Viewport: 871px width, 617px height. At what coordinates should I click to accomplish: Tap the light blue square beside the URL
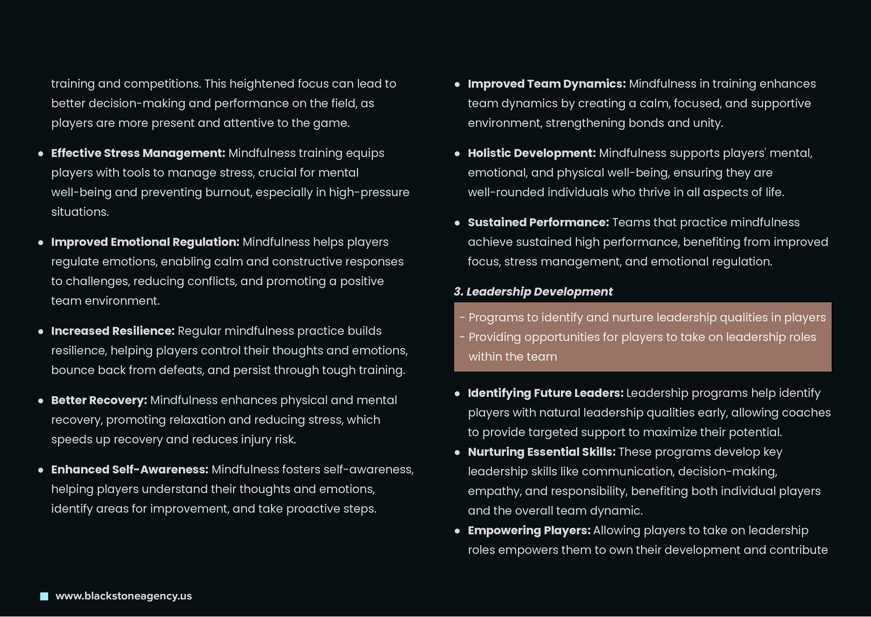point(44,596)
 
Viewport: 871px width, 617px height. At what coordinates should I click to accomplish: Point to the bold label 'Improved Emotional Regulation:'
point(145,242)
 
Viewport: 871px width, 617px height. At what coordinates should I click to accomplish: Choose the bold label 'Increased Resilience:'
point(113,331)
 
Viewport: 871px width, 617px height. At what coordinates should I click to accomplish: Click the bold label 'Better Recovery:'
point(99,400)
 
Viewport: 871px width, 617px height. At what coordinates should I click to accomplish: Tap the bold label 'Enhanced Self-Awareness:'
point(130,470)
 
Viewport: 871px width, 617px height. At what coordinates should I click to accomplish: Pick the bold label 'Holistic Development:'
point(531,153)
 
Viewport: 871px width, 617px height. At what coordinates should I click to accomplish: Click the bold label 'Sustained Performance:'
point(538,222)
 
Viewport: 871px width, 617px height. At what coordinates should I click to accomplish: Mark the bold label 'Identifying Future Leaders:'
point(545,393)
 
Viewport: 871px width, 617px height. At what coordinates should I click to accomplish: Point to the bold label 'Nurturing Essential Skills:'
point(541,452)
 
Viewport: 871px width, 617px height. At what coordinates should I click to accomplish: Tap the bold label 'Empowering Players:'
point(529,530)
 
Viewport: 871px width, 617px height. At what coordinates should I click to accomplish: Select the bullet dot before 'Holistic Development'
point(457,154)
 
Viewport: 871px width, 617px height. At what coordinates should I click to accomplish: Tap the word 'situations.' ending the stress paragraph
point(80,212)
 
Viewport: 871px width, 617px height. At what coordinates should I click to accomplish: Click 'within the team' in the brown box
point(513,357)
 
